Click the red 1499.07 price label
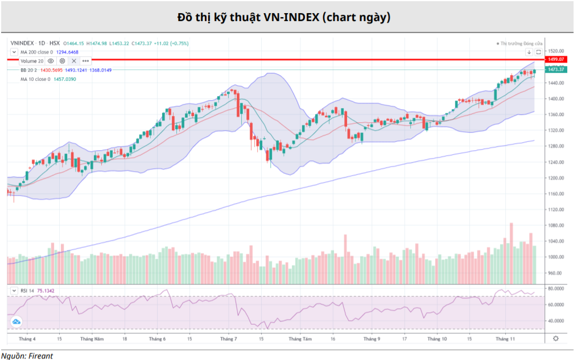[555, 59]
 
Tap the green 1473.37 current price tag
[555, 69]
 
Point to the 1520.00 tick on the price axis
[556, 51]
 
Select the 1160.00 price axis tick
[556, 194]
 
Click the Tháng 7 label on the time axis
[228, 339]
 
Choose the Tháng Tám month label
[300, 339]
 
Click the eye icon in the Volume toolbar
[51, 60]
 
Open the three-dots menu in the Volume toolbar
[85, 60]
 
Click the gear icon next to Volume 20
[62, 60]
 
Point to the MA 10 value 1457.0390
[64, 79]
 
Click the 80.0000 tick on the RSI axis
[555, 289]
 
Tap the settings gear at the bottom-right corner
[555, 338]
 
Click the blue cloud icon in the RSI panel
[16, 322]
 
